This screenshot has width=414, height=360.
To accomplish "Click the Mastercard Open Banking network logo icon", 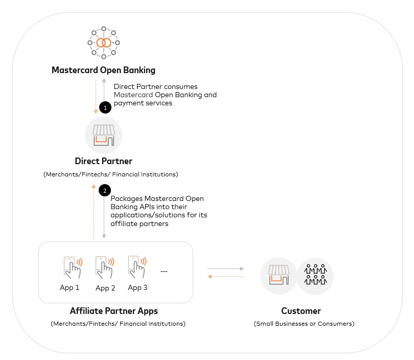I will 103,42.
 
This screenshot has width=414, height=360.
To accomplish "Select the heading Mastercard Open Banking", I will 103,70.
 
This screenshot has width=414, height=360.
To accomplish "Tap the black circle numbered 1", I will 105,108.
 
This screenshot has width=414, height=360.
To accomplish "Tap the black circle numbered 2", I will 105,190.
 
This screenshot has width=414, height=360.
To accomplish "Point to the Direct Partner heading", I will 104,161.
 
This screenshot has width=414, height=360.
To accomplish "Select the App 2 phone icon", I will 104,267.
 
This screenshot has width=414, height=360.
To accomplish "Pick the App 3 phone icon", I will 136,266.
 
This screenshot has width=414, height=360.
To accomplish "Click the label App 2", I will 105,288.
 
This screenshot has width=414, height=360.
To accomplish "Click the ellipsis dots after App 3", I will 164,271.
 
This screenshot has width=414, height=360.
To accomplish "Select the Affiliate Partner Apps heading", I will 114,311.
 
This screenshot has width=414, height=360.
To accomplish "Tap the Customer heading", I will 301,311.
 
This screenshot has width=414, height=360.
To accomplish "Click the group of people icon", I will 315,276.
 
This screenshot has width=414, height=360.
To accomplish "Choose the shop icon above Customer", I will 279,276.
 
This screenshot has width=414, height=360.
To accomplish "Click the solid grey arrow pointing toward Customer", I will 225,268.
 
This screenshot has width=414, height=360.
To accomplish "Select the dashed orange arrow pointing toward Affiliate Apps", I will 225,277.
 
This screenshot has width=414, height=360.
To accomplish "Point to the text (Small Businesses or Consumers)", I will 304,324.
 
